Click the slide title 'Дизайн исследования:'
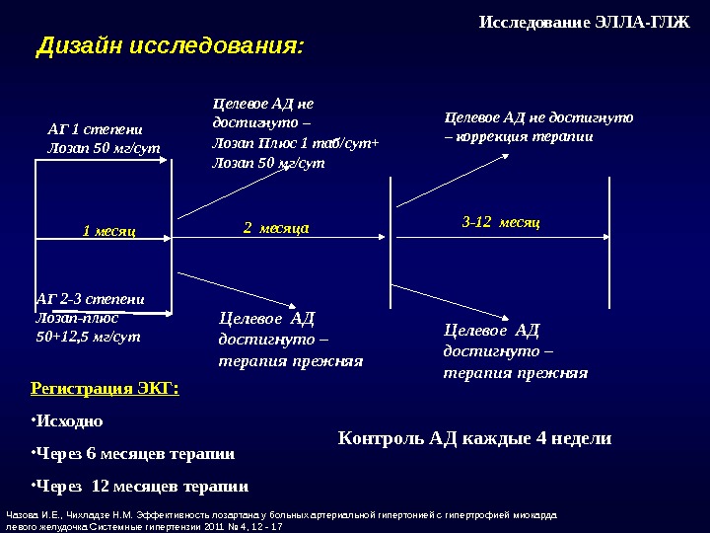(170, 46)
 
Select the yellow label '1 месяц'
(108, 231)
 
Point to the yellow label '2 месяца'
(276, 227)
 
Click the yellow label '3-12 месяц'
(501, 223)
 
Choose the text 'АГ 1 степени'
(95, 128)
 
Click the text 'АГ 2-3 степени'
(90, 299)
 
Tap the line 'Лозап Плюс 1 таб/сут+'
(296, 143)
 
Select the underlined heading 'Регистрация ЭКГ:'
(106, 389)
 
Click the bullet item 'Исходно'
(69, 421)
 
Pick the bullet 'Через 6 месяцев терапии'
(135, 454)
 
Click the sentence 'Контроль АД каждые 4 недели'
(474, 438)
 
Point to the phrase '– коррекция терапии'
(520, 137)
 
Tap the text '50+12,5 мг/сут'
(88, 337)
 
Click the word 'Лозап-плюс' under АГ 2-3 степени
(77, 318)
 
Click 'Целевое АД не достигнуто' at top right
(538, 117)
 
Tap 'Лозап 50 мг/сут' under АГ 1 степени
(104, 149)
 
